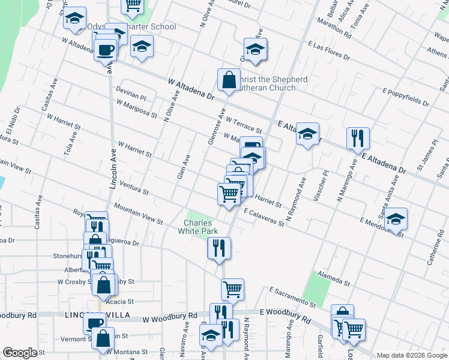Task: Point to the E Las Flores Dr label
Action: pyautogui.click(x=328, y=51)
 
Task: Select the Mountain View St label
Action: pyautogui.click(x=138, y=214)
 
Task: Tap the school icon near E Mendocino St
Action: pyautogui.click(x=396, y=219)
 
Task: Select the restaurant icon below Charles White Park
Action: pyautogui.click(x=219, y=248)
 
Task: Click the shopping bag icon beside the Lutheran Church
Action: pyautogui.click(x=229, y=80)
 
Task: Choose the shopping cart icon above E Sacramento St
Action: pyautogui.click(x=232, y=289)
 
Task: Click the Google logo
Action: pyautogui.click(x=20, y=353)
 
